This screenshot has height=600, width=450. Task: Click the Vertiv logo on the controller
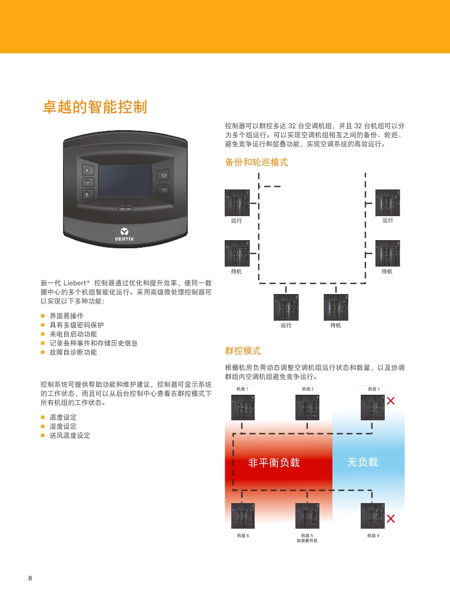(124, 234)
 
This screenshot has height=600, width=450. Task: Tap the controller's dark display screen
(125, 181)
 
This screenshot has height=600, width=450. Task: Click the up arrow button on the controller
(88, 170)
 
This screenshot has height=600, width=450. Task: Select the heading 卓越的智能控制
(95, 107)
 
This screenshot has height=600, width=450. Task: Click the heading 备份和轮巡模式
(256, 162)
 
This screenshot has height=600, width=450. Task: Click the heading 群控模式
(243, 351)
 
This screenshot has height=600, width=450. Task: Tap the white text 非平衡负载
(274, 463)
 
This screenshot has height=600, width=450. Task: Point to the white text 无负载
(362, 462)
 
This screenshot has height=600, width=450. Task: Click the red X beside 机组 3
(391, 401)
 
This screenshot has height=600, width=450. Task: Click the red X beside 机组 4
(391, 518)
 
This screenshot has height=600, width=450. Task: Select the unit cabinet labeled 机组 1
(243, 407)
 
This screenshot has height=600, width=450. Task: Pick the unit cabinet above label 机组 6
(243, 516)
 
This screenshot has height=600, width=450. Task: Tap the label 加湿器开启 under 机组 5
(307, 541)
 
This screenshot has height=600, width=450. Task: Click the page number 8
(30, 578)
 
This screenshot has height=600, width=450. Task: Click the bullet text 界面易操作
(66, 316)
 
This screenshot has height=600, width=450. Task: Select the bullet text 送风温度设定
(70, 436)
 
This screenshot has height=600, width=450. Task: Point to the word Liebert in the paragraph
(75, 283)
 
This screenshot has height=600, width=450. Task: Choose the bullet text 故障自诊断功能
(73, 352)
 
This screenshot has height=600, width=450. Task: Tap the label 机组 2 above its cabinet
(308, 389)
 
